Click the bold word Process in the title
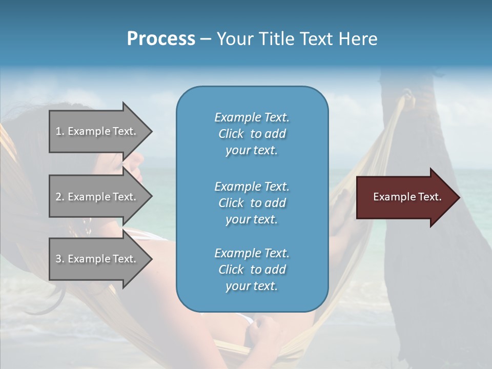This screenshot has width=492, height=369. pyautogui.click(x=161, y=39)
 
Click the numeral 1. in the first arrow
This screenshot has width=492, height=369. pyautogui.click(x=60, y=132)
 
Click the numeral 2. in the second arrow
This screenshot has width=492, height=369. pyautogui.click(x=60, y=197)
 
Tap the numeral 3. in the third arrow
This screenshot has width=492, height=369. pyautogui.click(x=60, y=259)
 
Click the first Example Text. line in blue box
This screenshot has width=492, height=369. pyautogui.click(x=252, y=117)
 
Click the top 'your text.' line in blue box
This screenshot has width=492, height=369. pyautogui.click(x=251, y=151)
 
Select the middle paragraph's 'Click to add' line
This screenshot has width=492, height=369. pyautogui.click(x=252, y=203)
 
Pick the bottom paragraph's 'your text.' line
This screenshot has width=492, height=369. pyautogui.click(x=251, y=286)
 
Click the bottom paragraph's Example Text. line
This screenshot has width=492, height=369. pyautogui.click(x=252, y=253)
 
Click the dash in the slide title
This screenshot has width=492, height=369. pyautogui.click(x=206, y=39)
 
